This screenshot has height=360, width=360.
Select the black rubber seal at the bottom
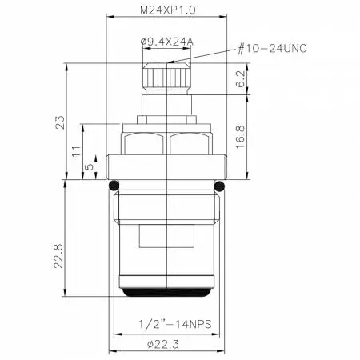166,294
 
